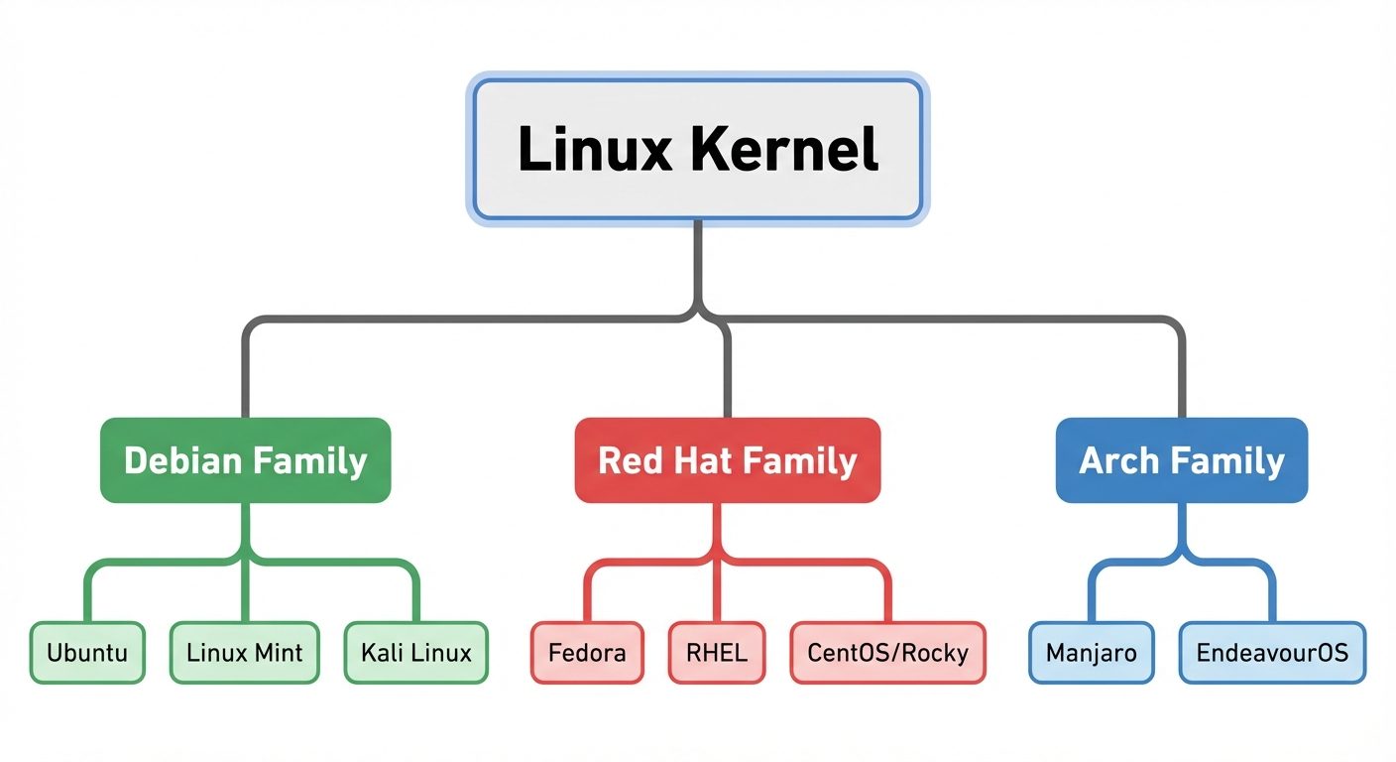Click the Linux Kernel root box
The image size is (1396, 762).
[698, 149]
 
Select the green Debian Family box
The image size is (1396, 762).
[245, 460]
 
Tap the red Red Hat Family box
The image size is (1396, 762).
[727, 460]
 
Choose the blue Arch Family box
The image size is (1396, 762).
[1181, 460]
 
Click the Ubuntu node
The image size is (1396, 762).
[87, 653]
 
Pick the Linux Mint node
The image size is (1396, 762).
[244, 653]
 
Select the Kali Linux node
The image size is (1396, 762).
[415, 653]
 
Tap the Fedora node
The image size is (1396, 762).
[587, 653]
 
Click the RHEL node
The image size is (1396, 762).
[717, 653]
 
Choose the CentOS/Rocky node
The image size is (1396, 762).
[887, 653]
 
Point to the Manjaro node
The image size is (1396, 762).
[1091, 653]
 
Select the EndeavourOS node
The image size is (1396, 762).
[1272, 653]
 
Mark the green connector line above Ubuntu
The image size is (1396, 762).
[87, 595]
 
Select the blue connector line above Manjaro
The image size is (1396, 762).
[1091, 595]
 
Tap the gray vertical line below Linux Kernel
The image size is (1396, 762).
[698, 263]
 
